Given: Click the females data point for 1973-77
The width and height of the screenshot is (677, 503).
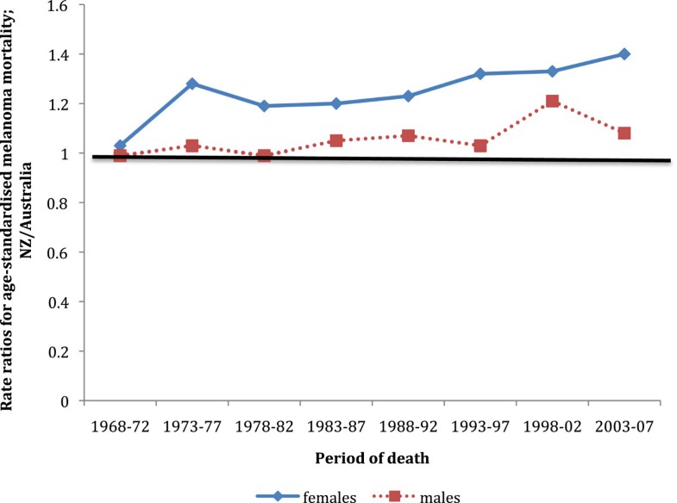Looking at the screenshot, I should pos(192,84).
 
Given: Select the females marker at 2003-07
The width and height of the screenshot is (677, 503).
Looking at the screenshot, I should pos(624,53).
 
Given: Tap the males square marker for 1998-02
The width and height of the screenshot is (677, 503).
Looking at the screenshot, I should pos(553,102).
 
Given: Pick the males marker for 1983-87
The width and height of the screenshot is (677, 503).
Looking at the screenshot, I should pos(336,140).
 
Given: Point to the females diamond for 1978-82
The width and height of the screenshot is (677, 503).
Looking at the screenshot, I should pos(264,106).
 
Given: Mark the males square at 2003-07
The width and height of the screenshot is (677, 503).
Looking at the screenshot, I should pos(624,134).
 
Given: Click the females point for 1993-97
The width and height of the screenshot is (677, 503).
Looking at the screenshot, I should pos(480,74).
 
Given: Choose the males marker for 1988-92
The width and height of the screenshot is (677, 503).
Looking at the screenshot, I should pos(408,135).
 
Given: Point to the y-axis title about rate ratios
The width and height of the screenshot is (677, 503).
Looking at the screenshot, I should pos(19,202).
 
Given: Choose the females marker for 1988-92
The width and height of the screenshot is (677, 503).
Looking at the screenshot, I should pos(408,96).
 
